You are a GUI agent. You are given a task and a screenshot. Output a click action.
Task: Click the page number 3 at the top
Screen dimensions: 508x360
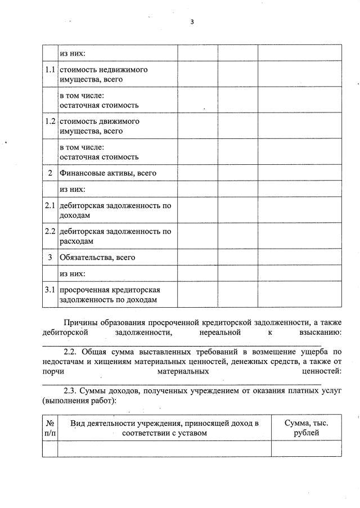[x=192, y=22]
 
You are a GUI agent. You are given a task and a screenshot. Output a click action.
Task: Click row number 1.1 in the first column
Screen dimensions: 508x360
[x=49, y=70]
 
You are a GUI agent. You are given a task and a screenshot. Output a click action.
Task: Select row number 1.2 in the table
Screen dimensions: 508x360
[x=49, y=122]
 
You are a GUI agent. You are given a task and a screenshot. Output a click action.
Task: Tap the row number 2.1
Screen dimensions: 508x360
[x=49, y=205]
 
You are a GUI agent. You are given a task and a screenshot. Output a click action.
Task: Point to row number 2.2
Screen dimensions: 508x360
[x=49, y=231]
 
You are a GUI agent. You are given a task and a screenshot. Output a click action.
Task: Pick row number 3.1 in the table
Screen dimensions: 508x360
[x=49, y=290]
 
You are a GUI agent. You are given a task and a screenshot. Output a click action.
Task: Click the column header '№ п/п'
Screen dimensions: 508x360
[x=49, y=428]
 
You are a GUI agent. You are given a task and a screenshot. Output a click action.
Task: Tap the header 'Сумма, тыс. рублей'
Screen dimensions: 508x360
[x=306, y=428]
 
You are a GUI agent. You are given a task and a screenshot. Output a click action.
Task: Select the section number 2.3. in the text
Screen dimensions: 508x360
[x=71, y=390]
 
